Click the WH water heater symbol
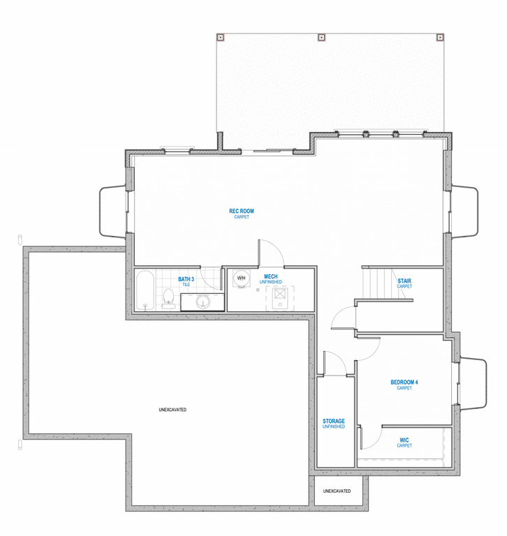tap(241, 278)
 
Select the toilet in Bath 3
tap(168, 299)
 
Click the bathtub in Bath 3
tap(145, 290)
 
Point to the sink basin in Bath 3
tap(203, 301)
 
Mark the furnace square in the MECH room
tap(280, 294)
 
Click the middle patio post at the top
tap(321, 37)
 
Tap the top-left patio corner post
tap(220, 37)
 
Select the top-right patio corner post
tap(440, 37)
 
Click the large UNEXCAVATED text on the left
tap(172, 410)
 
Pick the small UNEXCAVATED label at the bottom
tap(337, 491)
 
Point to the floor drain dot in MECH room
tap(258, 290)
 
